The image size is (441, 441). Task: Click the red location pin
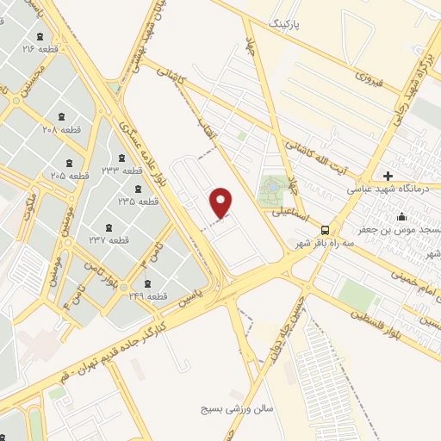click(222, 202)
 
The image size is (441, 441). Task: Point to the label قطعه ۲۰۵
click(70, 175)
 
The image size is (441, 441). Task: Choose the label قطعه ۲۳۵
click(139, 201)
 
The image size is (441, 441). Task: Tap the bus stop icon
click(325, 230)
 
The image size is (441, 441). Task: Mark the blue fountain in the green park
click(274, 187)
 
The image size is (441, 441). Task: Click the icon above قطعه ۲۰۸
click(60, 115)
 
